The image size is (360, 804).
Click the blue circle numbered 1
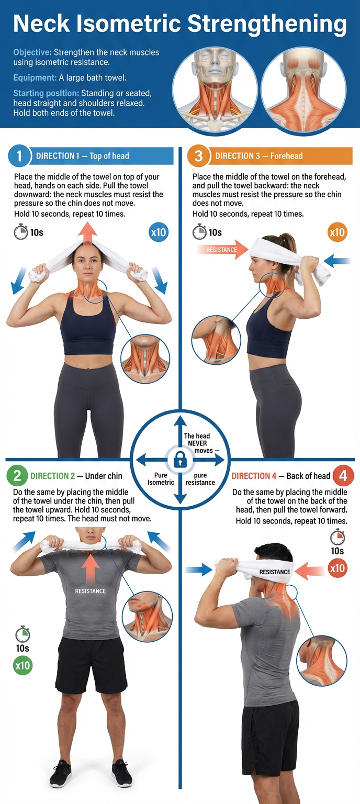tap(18, 156)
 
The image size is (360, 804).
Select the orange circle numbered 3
tap(198, 156)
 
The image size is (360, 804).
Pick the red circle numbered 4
tap(343, 476)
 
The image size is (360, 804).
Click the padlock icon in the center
tap(180, 460)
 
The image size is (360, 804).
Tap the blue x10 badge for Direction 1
tap(159, 232)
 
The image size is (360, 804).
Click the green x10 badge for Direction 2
tap(22, 666)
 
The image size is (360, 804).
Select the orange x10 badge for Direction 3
tap(337, 232)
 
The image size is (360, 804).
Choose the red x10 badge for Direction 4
tap(337, 568)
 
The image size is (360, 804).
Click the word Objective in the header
tap(32, 52)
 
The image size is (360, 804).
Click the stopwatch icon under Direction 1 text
tap(20, 231)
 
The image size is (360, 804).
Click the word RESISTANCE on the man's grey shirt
tap(91, 591)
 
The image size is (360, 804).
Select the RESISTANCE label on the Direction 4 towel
tap(275, 572)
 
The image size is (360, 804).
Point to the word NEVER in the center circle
tap(197, 443)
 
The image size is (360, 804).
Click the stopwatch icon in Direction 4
tap(337, 537)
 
